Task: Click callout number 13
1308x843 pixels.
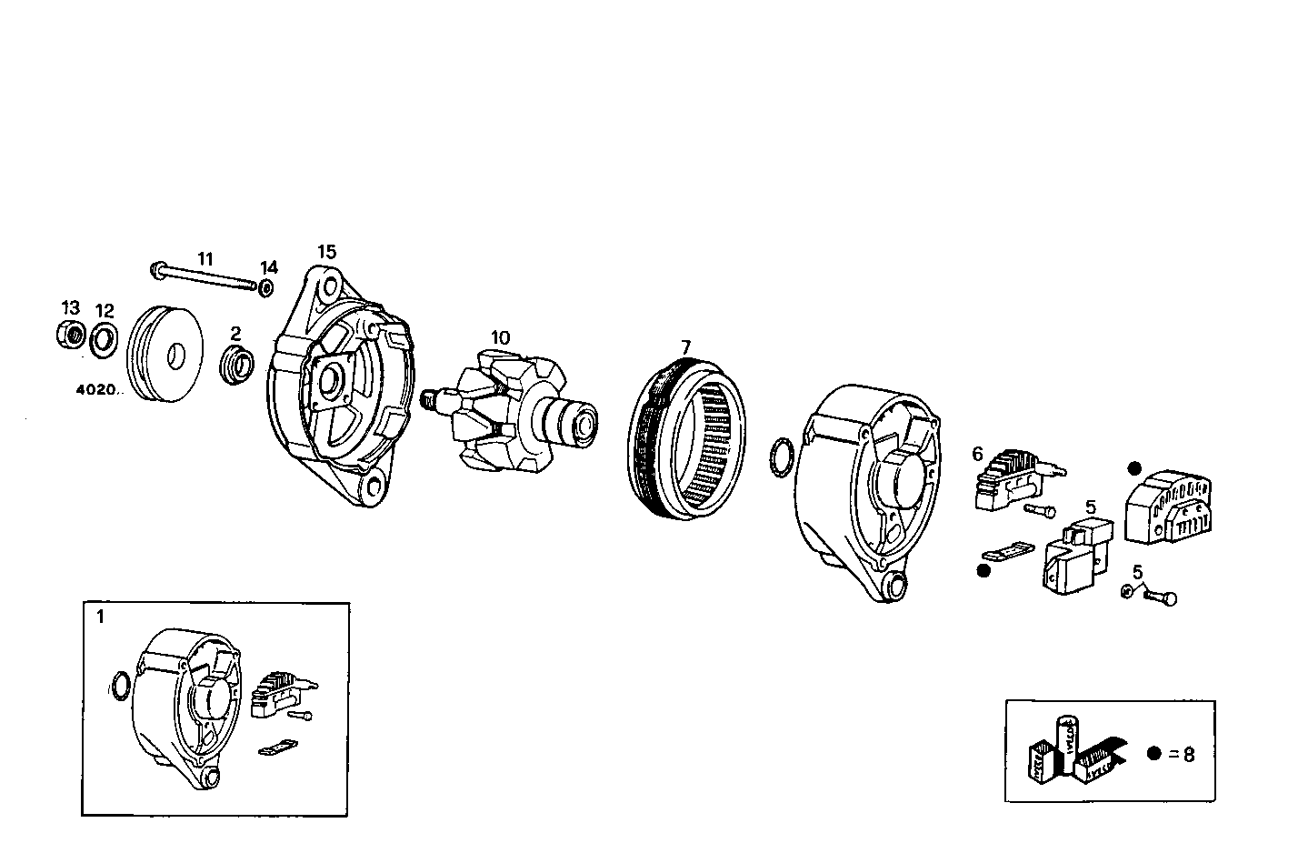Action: pos(70,308)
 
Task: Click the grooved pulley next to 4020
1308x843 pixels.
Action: pos(165,354)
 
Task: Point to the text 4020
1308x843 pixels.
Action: pos(97,390)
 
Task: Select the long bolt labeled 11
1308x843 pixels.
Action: pos(205,277)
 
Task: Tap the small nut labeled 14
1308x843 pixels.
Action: pos(265,288)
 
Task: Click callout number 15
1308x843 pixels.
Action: pos(326,252)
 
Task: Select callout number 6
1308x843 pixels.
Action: pos(977,453)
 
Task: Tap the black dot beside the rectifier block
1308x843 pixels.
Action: pos(1133,468)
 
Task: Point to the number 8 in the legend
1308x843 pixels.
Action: pos(1189,754)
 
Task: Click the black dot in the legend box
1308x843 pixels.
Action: pos(1153,754)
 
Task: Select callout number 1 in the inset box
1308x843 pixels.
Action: pos(100,617)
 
